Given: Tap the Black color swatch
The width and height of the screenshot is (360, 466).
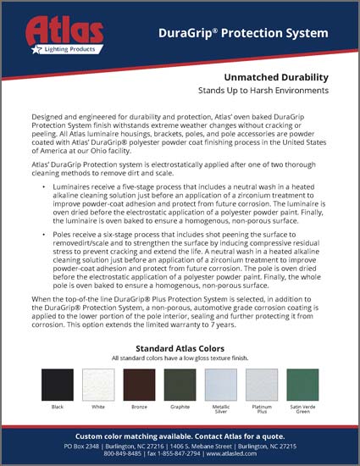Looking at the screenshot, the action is [58, 384].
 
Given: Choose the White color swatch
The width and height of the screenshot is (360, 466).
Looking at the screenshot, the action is [98, 384].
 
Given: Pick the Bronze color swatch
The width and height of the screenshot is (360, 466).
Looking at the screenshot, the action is [140, 384].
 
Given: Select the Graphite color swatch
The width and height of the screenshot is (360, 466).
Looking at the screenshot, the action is [180, 384].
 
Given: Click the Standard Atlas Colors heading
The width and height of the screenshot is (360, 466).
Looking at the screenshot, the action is [180, 347].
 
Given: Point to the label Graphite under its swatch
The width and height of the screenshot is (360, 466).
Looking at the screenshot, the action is [180, 408].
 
